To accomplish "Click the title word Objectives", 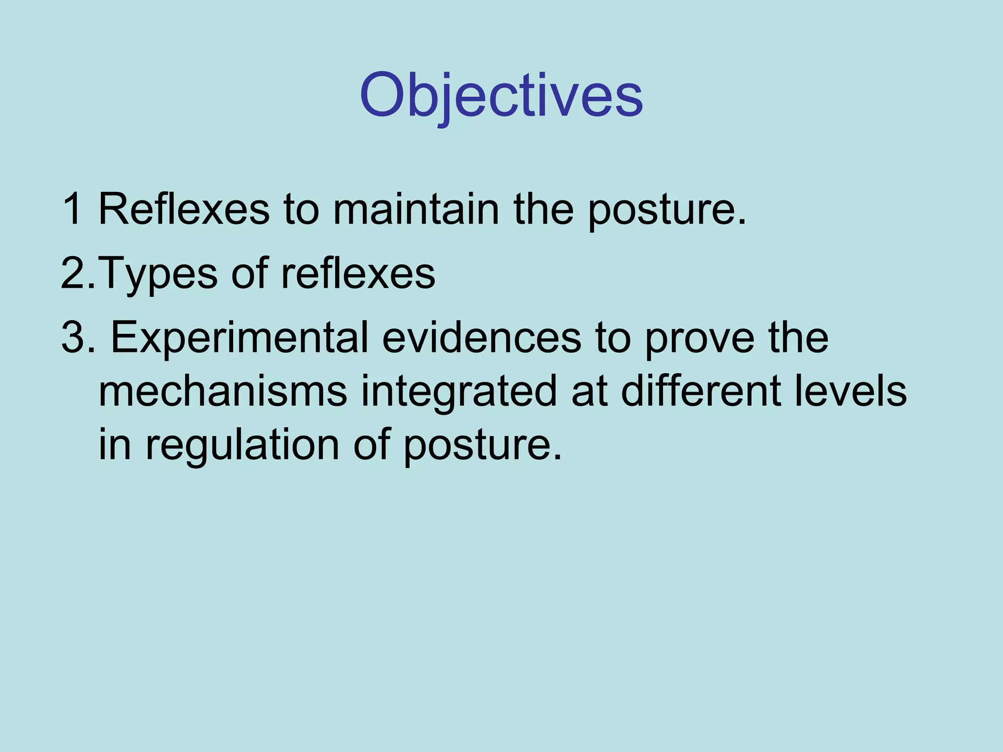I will click(x=501, y=95).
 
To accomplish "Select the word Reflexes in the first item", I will click(x=184, y=209).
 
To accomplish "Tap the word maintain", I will click(x=416, y=209).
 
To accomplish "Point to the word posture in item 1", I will click(x=666, y=211).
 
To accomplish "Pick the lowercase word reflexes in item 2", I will click(x=358, y=273).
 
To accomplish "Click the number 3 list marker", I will click(x=73, y=337).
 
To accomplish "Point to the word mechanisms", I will click(x=223, y=391).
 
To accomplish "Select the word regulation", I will click(x=242, y=446).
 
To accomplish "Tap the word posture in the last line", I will click(x=482, y=446).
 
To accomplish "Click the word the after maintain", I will click(x=543, y=209).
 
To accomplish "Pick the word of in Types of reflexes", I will click(x=249, y=273).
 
